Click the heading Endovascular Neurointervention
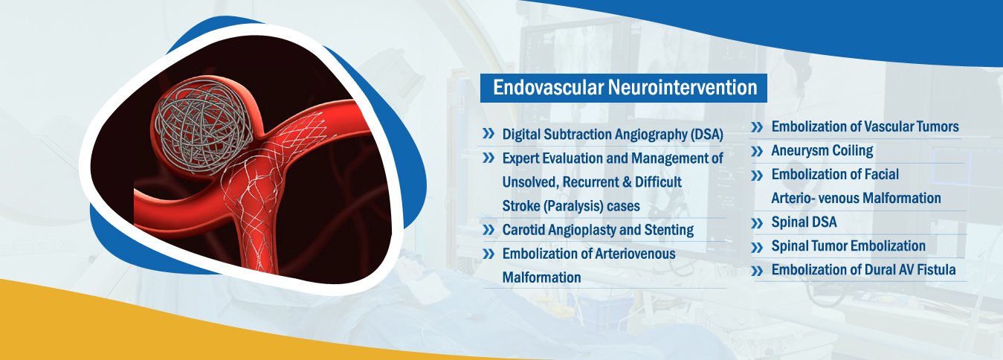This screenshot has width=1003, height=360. (625, 88)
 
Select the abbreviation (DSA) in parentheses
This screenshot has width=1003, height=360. (706, 135)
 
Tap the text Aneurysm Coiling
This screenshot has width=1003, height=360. (822, 151)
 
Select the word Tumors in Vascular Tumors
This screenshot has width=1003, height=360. (937, 126)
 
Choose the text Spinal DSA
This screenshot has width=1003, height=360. (804, 222)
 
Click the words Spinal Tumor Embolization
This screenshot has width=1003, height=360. (848, 246)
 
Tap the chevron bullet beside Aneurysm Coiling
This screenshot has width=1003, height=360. (757, 151)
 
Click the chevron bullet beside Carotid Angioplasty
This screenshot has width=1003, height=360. (488, 230)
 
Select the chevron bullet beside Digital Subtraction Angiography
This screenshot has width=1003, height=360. (488, 133)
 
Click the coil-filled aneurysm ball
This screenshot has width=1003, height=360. (200, 126)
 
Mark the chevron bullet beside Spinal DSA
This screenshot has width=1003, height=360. (757, 223)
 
